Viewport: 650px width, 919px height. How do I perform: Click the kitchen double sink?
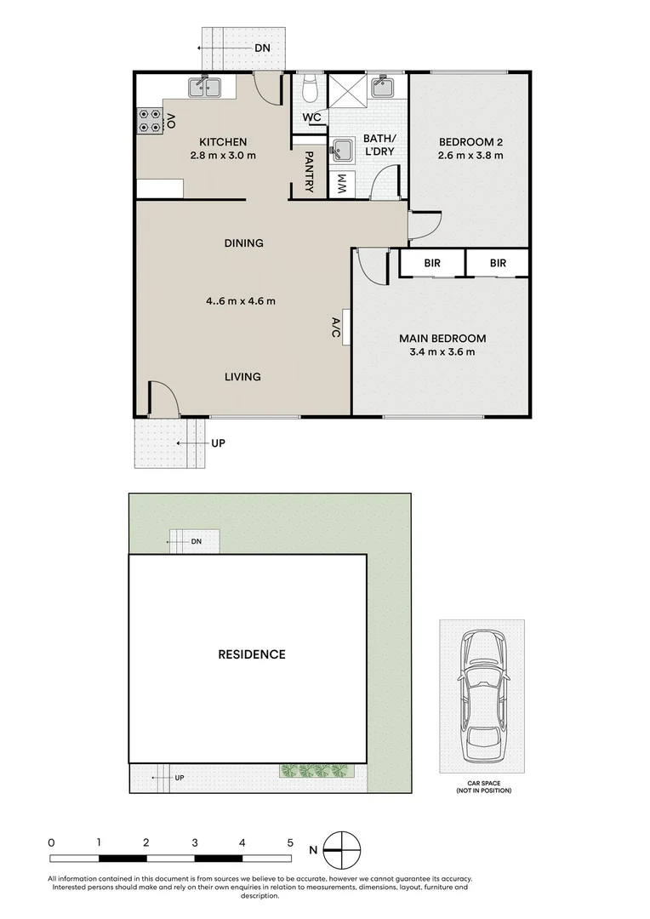click(204, 88)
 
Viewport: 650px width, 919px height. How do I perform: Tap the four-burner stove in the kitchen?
click(150, 122)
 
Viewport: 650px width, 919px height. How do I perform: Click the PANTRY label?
click(310, 172)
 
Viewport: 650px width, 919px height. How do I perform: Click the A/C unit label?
click(336, 328)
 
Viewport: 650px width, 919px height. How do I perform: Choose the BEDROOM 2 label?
click(470, 142)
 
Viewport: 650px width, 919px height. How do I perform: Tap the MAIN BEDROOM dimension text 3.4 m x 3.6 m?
click(442, 352)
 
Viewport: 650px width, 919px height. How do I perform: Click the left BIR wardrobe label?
click(432, 263)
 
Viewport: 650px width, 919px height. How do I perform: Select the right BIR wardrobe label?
click(498, 263)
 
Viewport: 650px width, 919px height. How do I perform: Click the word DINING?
click(244, 243)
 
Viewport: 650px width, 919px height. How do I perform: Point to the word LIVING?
click(242, 377)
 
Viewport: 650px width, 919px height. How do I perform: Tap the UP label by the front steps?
click(218, 443)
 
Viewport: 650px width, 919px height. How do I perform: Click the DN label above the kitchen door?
click(262, 48)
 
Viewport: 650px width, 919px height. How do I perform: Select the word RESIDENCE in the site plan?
click(252, 654)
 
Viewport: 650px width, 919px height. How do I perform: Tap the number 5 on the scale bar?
click(290, 842)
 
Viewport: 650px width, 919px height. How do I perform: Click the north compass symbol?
click(342, 850)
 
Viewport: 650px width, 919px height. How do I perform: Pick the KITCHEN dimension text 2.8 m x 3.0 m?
click(223, 156)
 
